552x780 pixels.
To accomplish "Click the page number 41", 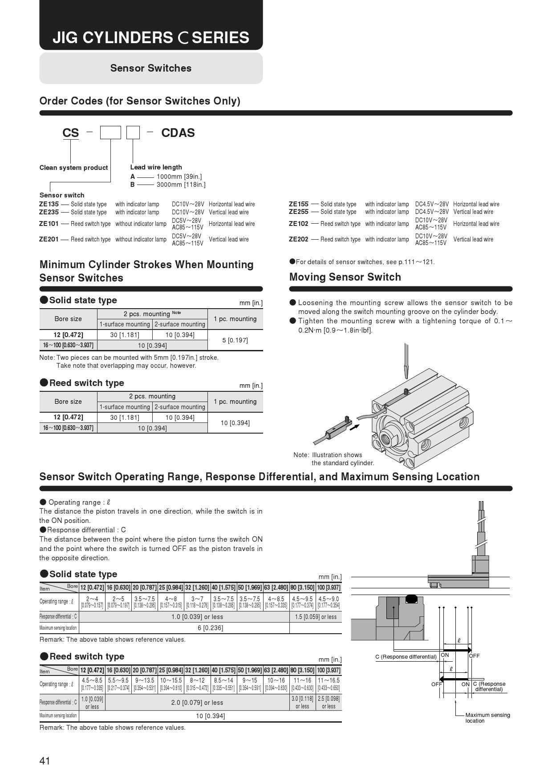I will (x=45, y=761).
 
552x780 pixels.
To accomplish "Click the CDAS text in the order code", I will (x=178, y=133).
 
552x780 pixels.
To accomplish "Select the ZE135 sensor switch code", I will (x=49, y=204).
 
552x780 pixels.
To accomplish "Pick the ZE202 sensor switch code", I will (x=298, y=239).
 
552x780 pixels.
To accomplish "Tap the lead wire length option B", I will (x=133, y=185).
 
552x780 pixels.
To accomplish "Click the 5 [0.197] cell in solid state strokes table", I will (x=235, y=340).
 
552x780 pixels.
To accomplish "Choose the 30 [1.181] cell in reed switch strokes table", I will (x=125, y=418).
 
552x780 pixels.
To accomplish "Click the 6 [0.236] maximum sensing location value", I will (x=210, y=628).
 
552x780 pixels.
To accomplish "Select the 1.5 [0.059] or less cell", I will (x=316, y=617).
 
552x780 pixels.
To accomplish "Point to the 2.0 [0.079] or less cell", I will (x=197, y=703).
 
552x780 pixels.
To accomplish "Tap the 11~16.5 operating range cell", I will (x=329, y=684).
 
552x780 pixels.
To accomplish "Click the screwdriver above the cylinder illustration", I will (x=406, y=360).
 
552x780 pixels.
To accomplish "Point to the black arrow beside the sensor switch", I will (x=354, y=427).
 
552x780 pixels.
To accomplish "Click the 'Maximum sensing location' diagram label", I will (x=487, y=718).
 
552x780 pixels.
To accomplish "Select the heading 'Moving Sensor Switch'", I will (x=345, y=277).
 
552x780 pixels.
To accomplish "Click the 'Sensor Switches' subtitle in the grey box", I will (x=151, y=68).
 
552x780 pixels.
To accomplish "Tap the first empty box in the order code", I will (x=110, y=133).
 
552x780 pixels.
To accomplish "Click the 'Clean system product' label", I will (x=73, y=168).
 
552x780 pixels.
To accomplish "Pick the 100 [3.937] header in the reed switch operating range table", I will (x=329, y=670).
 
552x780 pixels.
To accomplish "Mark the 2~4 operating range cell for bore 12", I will (x=92, y=602).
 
